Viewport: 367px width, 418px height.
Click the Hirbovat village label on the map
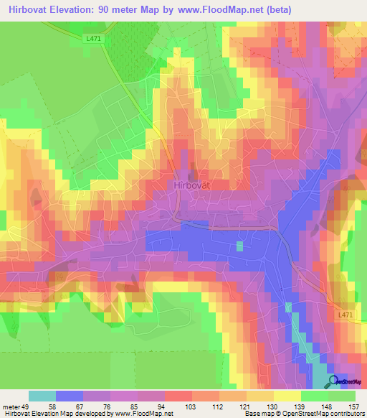pos(192,184)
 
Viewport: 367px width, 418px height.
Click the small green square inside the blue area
pos(239,246)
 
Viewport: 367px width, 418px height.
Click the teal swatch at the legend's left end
pos(42,396)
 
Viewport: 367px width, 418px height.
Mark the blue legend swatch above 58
pos(70,396)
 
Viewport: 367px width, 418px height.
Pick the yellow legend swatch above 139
pos(287,396)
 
